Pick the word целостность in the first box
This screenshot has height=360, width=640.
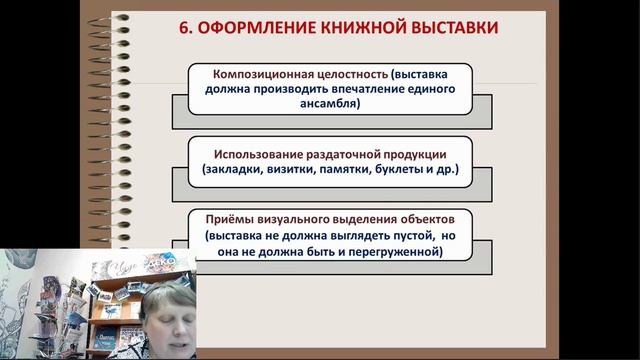(x=348, y=73)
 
